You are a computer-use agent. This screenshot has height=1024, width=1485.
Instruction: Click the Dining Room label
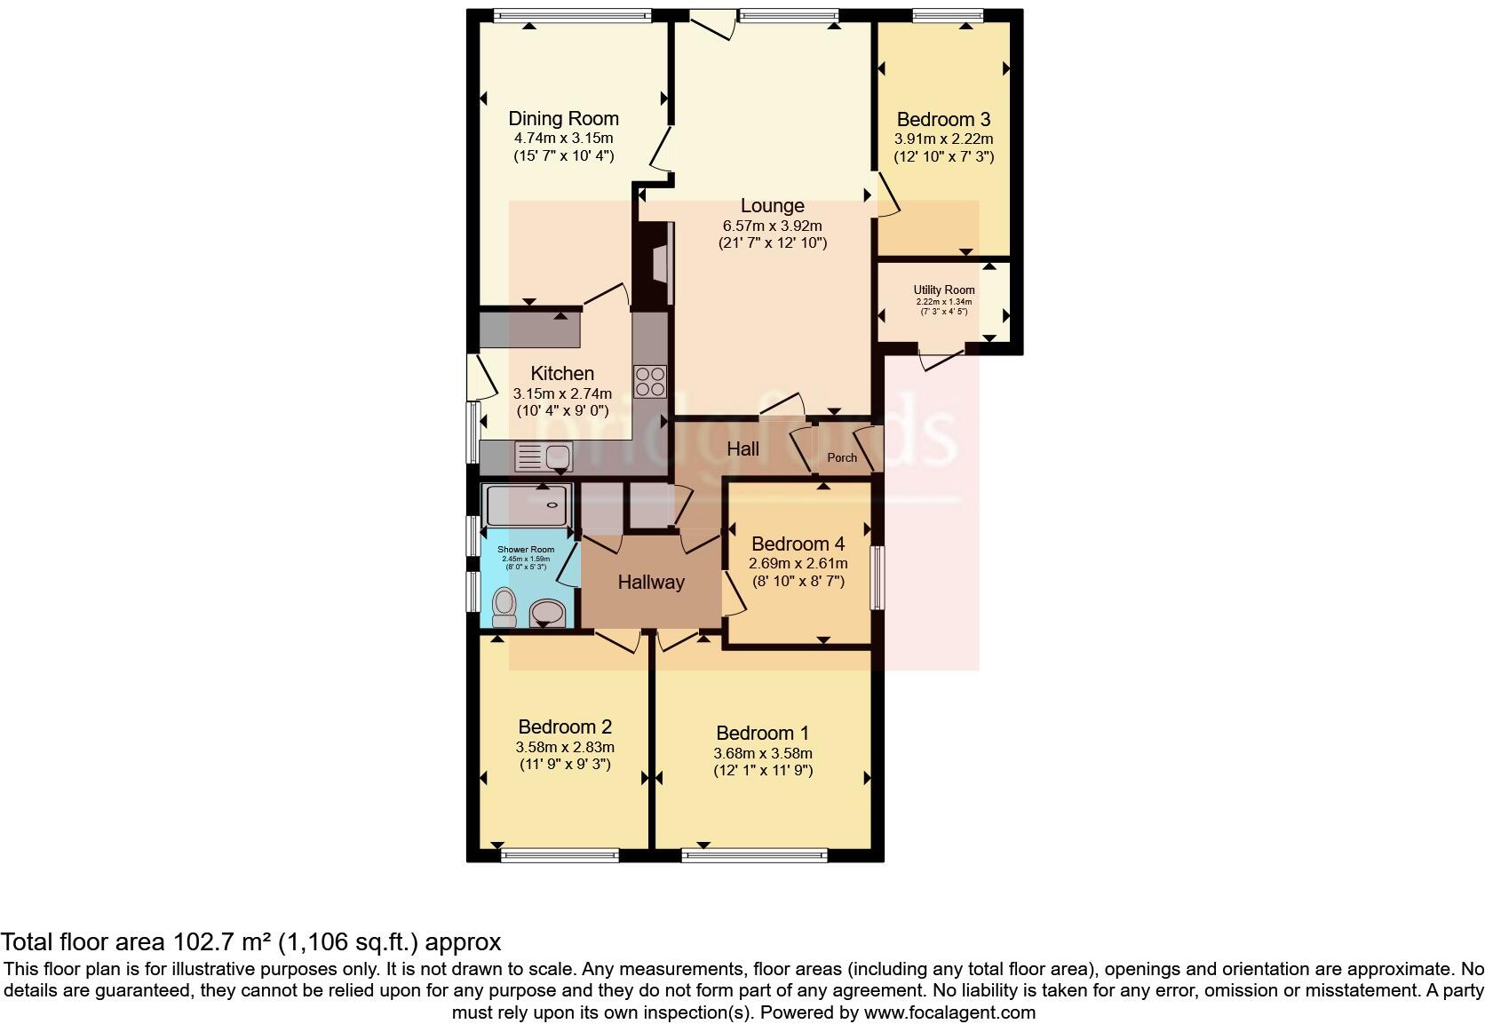563,118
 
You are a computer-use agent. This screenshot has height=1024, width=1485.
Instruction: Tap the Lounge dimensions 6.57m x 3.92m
772,226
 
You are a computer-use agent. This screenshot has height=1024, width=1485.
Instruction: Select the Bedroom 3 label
943,119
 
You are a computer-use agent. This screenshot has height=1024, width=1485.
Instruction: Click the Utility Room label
943,290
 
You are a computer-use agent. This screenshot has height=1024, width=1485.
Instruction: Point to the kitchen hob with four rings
650,382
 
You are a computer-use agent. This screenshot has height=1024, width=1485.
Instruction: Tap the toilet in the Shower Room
504,607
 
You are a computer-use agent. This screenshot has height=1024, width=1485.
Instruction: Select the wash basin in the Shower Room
547,613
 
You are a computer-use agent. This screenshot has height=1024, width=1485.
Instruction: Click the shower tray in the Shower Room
528,504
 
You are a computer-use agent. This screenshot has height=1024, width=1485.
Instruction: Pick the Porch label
842,457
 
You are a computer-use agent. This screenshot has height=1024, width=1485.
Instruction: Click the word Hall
742,448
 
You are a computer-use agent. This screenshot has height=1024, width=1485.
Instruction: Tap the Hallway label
651,583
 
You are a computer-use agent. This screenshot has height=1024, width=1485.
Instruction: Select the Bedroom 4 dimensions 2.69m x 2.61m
798,563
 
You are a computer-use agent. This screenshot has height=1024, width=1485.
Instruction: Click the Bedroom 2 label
565,726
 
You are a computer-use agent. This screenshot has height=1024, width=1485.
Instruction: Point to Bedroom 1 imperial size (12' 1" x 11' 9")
763,771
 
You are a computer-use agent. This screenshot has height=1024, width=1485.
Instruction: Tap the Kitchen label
562,373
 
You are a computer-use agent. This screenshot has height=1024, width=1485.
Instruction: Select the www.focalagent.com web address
949,1012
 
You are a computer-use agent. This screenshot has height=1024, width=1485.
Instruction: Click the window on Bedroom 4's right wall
877,577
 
